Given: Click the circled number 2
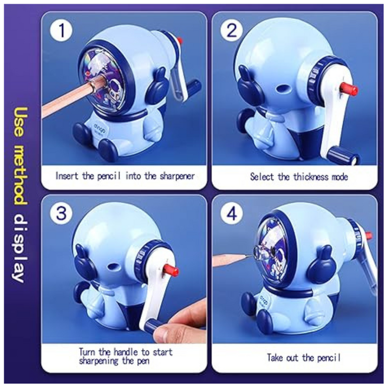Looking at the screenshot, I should (232, 31).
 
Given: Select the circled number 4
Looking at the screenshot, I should (232, 214).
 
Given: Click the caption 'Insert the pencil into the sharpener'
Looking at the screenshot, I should (125, 176).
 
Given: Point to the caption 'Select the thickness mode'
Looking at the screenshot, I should (299, 177).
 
